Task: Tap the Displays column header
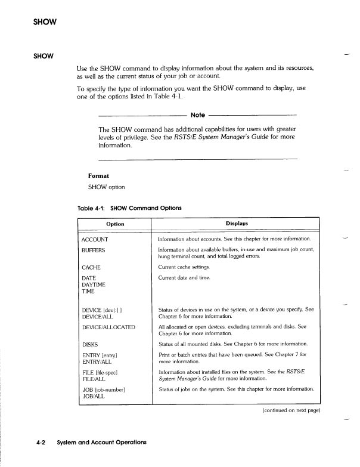[x=237, y=224]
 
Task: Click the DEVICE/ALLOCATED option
[x=108, y=327]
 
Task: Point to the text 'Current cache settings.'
[x=189, y=268]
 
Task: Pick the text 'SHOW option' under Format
[x=107, y=187]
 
